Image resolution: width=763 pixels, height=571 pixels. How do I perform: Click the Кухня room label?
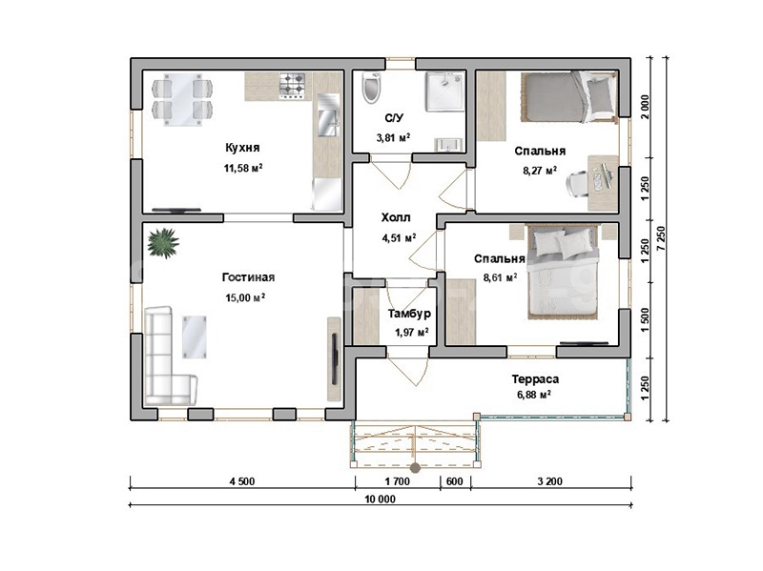click(242, 148)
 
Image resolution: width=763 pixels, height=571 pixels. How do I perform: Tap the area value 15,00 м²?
click(245, 297)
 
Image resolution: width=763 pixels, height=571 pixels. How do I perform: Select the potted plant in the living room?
click(163, 243)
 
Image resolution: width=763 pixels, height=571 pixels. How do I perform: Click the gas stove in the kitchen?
click(292, 86)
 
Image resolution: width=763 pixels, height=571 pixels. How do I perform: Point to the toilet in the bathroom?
click(371, 88)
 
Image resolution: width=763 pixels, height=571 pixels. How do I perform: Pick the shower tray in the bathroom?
click(444, 92)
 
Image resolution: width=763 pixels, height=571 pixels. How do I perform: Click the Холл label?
click(396, 217)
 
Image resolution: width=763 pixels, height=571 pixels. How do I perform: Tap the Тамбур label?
click(409, 314)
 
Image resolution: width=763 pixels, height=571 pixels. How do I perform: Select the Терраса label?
click(535, 378)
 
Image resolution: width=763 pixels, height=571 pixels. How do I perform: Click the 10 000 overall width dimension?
click(380, 499)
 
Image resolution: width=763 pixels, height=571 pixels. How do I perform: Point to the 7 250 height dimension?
click(660, 238)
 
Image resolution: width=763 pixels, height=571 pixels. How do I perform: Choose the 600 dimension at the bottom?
click(455, 481)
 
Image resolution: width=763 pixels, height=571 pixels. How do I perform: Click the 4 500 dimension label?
click(242, 481)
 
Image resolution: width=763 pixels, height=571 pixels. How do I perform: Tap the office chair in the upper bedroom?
click(578, 184)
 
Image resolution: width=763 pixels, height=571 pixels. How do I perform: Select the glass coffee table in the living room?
click(195, 337)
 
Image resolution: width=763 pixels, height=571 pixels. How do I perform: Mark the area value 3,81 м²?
click(393, 137)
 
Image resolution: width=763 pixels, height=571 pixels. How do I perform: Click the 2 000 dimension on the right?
click(645, 107)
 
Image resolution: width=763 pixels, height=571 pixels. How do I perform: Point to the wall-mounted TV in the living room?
click(335, 358)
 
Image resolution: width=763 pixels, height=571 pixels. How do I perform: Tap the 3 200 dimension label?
click(550, 481)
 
